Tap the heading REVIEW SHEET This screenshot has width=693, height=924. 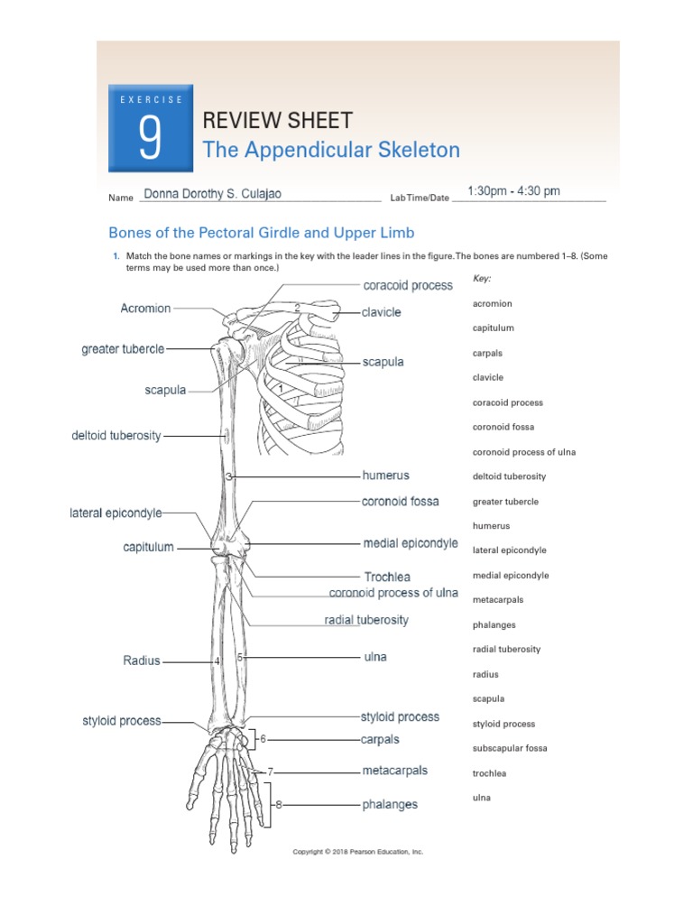tap(277, 120)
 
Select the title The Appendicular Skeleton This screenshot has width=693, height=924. tap(331, 150)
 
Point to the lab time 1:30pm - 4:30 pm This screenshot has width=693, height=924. tap(513, 191)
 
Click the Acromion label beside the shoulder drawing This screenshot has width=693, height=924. tap(145, 309)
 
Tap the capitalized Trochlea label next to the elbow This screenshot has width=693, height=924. tap(387, 577)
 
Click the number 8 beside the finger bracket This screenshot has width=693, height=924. tap(279, 804)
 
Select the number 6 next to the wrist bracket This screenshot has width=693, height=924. tap(263, 739)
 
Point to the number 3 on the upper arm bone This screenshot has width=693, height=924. tap(229, 476)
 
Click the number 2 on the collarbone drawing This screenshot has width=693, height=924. tap(297, 308)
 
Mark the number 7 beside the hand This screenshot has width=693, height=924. tap(270, 772)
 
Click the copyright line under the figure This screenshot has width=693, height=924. tap(358, 852)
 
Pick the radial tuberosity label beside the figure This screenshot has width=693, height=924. tap(366, 620)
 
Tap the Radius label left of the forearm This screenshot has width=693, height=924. tap(142, 661)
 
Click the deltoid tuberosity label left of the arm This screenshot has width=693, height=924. tap(116, 436)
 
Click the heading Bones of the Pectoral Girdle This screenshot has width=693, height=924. tap(262, 233)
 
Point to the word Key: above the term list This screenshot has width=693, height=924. tap(482, 279)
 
